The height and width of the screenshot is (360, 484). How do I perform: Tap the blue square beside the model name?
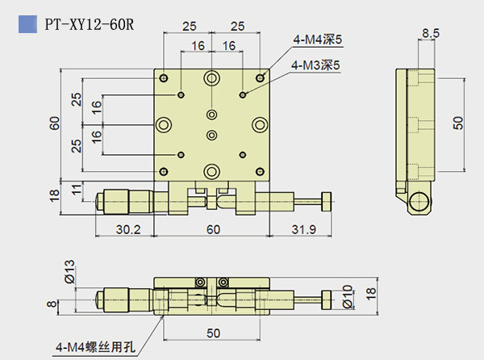[x=29, y=24]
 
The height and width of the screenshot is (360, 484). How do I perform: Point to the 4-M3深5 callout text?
[x=316, y=64]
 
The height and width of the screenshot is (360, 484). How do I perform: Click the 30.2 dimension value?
[x=126, y=230]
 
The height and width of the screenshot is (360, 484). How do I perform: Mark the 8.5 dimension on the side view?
[x=431, y=34]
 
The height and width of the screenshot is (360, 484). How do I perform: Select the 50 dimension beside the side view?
[x=457, y=122]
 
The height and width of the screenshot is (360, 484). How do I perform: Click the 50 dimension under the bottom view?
[x=212, y=333]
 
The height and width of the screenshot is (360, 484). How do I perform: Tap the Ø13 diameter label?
[x=69, y=274]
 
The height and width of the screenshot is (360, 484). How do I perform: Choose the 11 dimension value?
[x=75, y=190]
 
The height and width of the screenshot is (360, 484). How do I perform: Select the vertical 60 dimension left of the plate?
[x=54, y=123]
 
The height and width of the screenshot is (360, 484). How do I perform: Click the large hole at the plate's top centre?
[x=212, y=78]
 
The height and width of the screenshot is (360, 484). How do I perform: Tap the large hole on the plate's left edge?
[x=165, y=124]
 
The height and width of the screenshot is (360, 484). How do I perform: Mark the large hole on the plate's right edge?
[x=259, y=124]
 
